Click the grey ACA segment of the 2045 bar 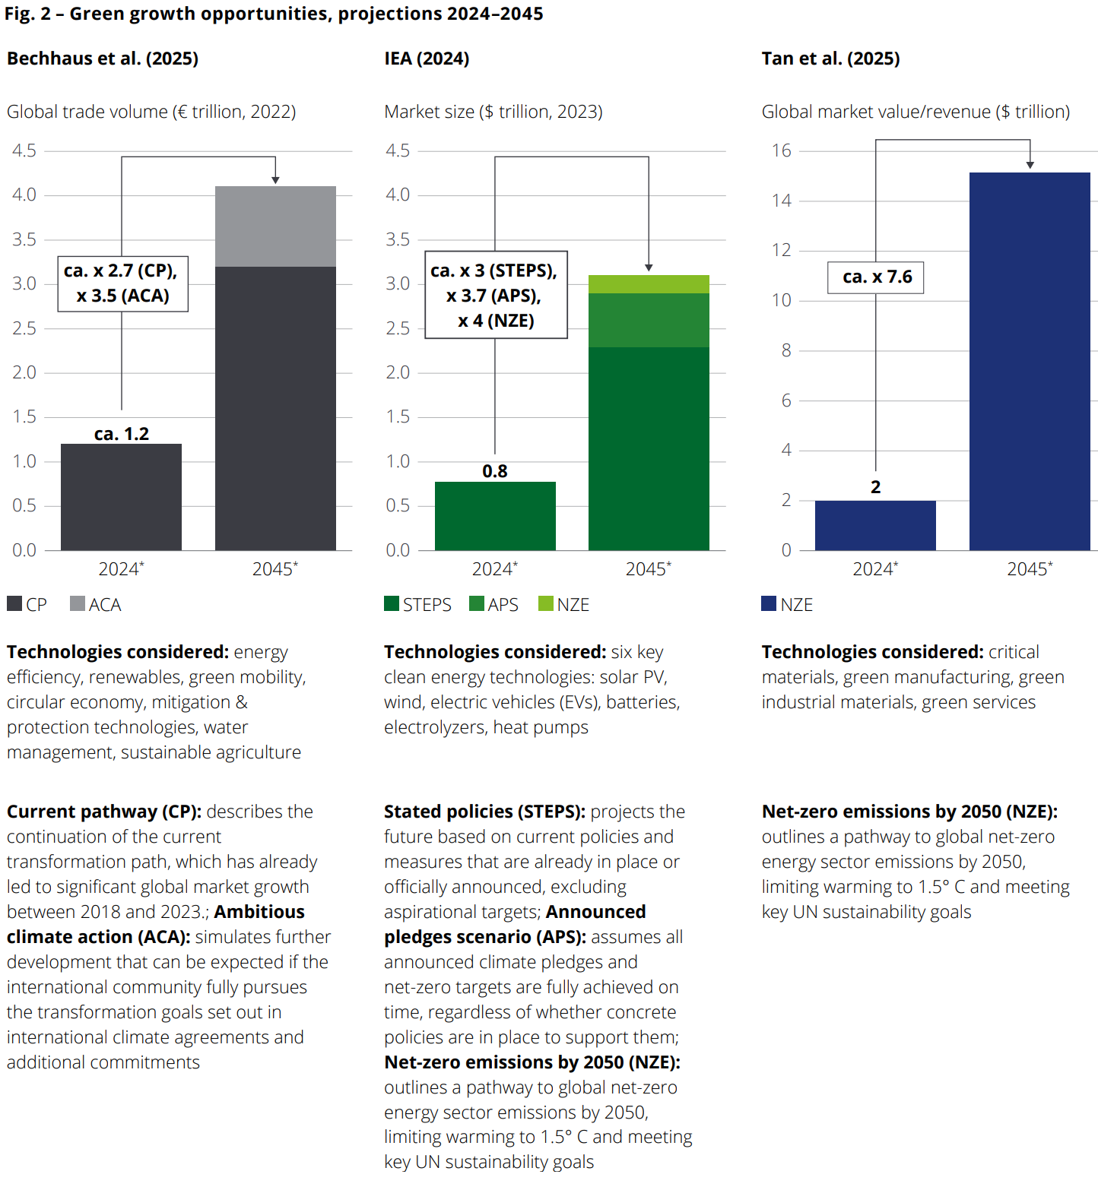click(275, 226)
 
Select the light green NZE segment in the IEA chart click(649, 284)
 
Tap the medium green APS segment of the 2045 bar click(649, 320)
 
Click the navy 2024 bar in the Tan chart click(875, 525)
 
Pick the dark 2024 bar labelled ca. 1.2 click(121, 497)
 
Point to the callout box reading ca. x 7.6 click(876, 277)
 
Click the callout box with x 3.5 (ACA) click(122, 283)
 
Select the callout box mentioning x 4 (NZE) click(496, 295)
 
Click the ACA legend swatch click(78, 603)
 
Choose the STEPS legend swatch click(392, 603)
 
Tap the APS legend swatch click(477, 603)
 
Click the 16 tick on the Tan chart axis click(782, 150)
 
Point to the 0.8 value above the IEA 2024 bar click(495, 471)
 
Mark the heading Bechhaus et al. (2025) click(103, 59)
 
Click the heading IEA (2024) click(427, 59)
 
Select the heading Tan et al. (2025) click(830, 59)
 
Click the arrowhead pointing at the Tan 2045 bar click(1030, 165)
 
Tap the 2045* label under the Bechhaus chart click(275, 568)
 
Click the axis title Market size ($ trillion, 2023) click(493, 112)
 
